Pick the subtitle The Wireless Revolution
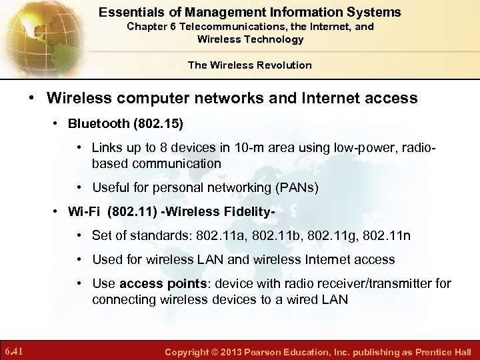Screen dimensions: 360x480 pyautogui.click(x=249, y=65)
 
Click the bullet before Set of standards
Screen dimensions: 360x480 pyautogui.click(x=79, y=236)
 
